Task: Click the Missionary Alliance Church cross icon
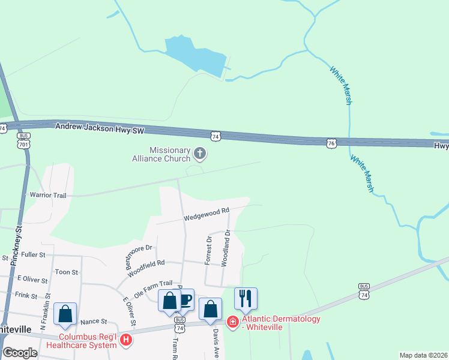[200, 155]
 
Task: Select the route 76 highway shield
[331, 143]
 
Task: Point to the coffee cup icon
[185, 299]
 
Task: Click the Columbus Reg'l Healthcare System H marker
[126, 340]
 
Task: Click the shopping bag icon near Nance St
[65, 313]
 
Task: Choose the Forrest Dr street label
[208, 251]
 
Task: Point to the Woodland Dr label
[225, 248]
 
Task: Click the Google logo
[20, 353]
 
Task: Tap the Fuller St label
[33, 254]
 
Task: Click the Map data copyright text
[423, 355]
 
